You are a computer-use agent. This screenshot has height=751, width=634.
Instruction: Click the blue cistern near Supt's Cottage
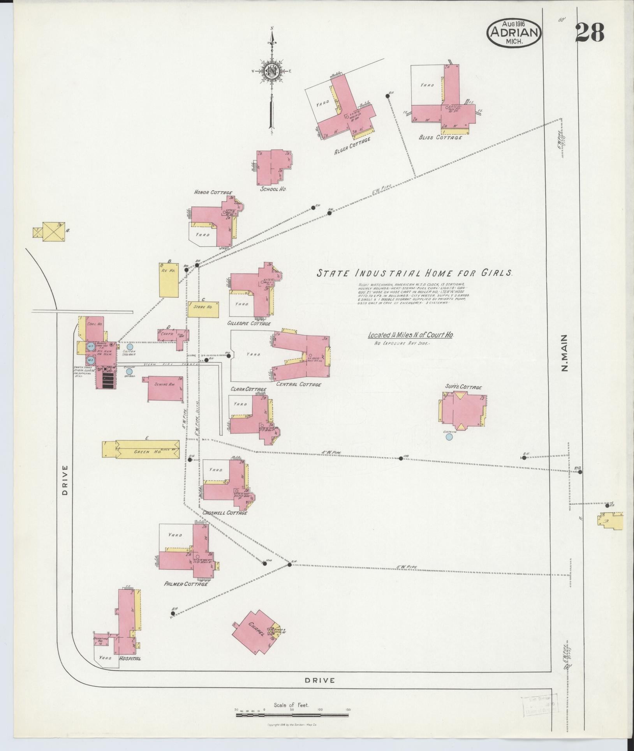(x=449, y=437)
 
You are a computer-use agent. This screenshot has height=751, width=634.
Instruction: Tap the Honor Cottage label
(x=213, y=193)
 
